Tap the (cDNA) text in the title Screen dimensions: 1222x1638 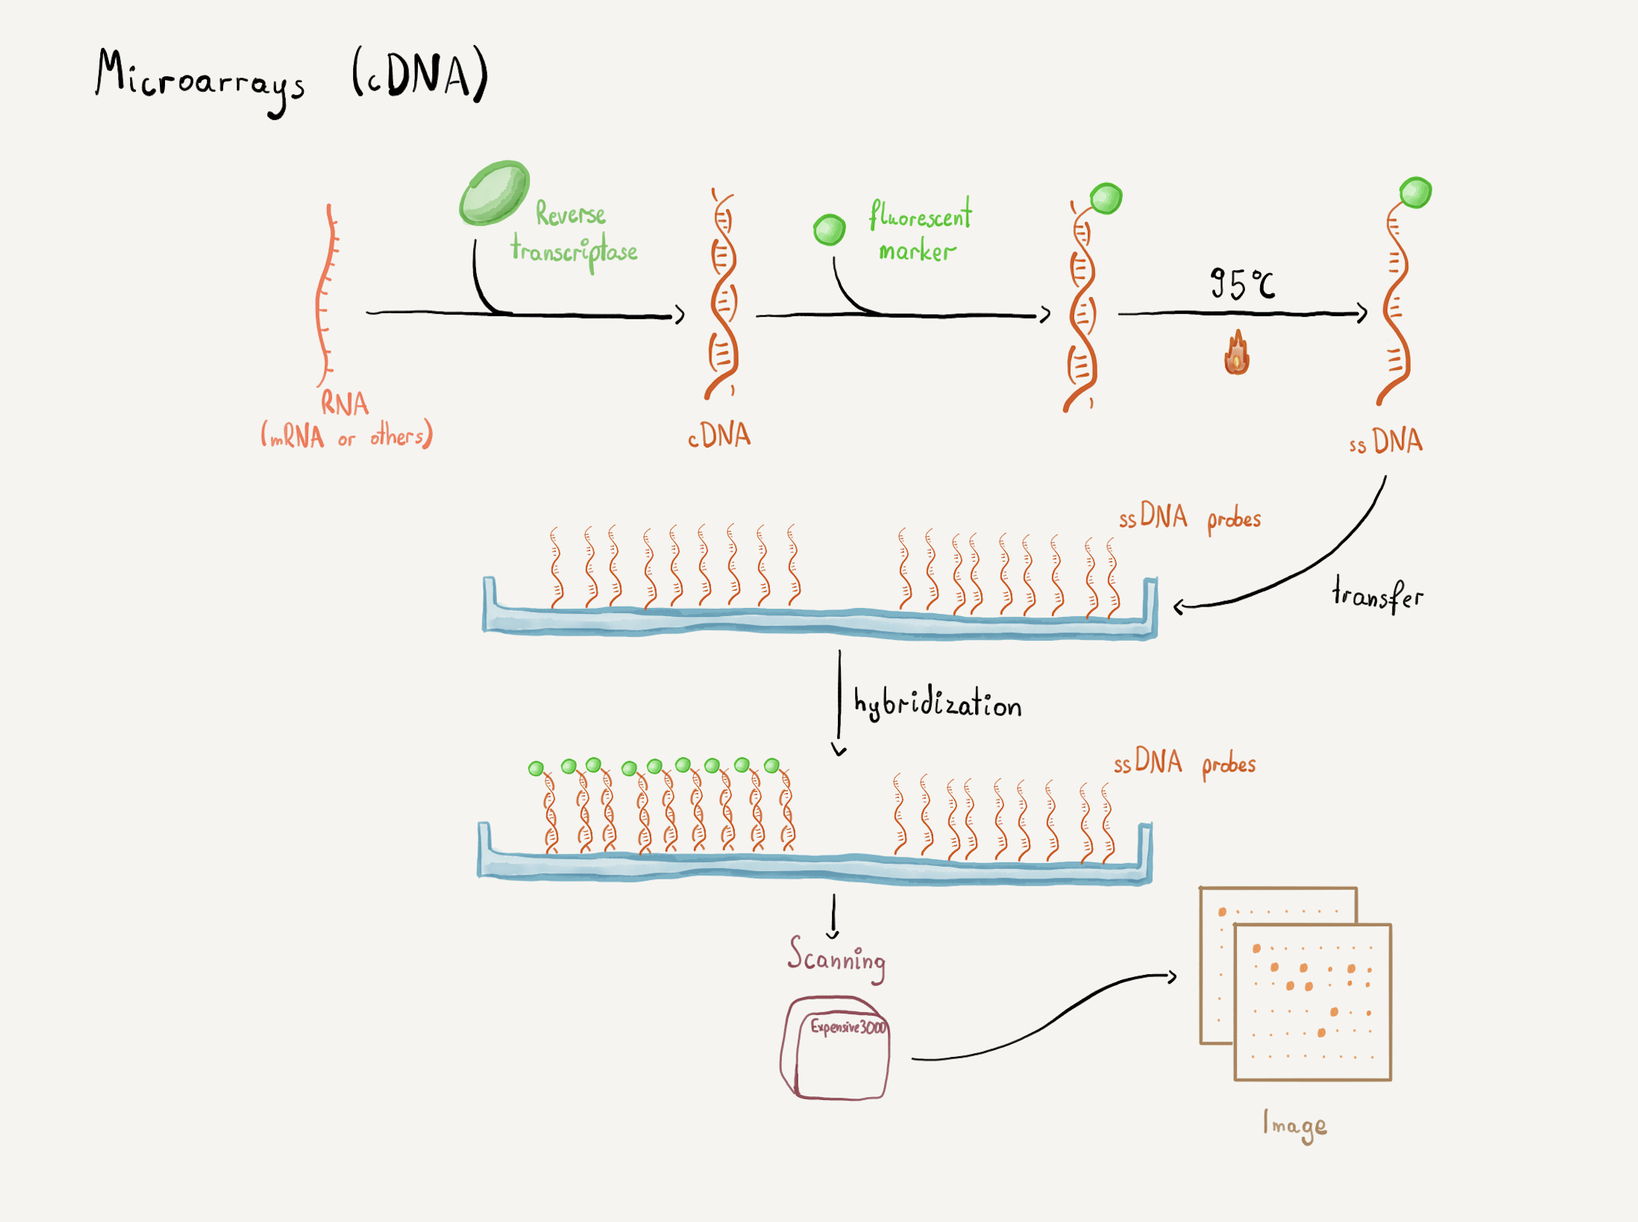coord(419,74)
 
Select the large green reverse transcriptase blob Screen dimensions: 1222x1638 coord(493,193)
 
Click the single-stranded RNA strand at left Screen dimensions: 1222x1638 coord(326,296)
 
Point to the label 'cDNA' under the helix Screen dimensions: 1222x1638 coord(719,436)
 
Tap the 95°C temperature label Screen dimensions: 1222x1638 coord(1242,283)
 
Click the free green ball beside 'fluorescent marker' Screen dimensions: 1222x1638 coord(828,230)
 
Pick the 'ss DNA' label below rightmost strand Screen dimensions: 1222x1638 coord(1386,442)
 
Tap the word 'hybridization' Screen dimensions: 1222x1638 coord(937,703)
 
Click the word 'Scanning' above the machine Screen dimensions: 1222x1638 coord(836,959)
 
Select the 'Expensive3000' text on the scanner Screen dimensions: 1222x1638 coord(848,1027)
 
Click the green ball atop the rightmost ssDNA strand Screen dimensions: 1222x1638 coord(1416,193)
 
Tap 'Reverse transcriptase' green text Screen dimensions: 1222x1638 coord(573,234)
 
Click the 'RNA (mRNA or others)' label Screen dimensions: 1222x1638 coord(346,421)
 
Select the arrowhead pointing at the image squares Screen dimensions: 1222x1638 coord(1172,977)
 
